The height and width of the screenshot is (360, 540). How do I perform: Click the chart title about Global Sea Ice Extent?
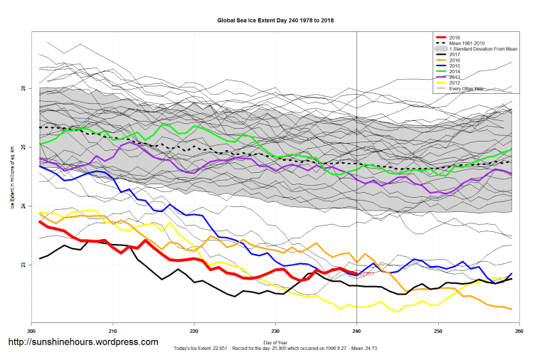point(275,21)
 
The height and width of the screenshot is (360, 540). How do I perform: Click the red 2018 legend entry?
point(456,37)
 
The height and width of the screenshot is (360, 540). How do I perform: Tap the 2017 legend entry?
point(456,54)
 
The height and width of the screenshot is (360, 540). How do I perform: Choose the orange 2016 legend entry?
point(456,60)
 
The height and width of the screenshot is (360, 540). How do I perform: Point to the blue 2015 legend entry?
point(456,66)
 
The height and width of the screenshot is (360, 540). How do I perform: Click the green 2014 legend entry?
point(456,72)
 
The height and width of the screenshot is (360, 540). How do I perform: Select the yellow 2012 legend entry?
point(456,83)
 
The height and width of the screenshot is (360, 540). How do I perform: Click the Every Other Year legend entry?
point(467,89)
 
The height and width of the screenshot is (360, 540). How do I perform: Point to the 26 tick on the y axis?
point(24,88)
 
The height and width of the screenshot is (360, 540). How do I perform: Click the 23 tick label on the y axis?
point(24,265)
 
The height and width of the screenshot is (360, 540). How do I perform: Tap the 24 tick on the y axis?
point(24,206)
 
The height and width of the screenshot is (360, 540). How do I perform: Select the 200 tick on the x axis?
point(31,331)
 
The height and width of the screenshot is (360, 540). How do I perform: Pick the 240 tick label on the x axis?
point(356,331)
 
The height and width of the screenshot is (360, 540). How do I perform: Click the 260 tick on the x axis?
point(519,331)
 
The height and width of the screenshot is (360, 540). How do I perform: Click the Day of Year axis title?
point(275,343)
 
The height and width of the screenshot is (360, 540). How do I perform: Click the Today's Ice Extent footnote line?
point(275,349)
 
